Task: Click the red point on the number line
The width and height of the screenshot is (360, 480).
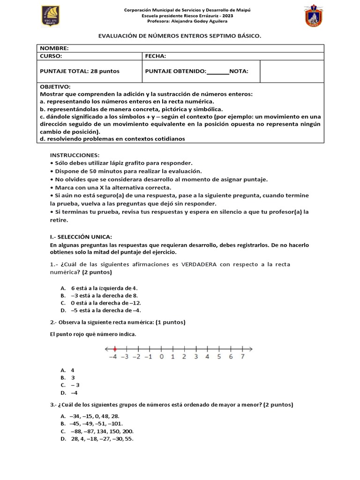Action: (115, 348)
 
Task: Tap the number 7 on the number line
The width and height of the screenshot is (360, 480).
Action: (242, 357)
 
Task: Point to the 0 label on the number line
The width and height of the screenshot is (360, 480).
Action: (161, 357)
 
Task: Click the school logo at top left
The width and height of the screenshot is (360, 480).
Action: (50, 16)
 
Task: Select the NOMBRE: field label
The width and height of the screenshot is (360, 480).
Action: (54, 48)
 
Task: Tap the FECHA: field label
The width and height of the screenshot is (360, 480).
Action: (156, 56)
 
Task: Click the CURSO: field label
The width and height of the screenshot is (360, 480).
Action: (51, 56)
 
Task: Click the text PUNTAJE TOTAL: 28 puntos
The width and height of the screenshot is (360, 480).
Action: (80, 71)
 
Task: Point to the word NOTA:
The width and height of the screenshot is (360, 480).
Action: (239, 71)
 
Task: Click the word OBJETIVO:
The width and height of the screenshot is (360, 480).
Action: (55, 87)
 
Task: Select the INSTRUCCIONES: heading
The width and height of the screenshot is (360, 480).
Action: (75, 155)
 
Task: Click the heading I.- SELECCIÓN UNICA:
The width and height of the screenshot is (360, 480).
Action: (81, 236)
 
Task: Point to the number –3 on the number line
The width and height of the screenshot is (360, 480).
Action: (125, 357)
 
